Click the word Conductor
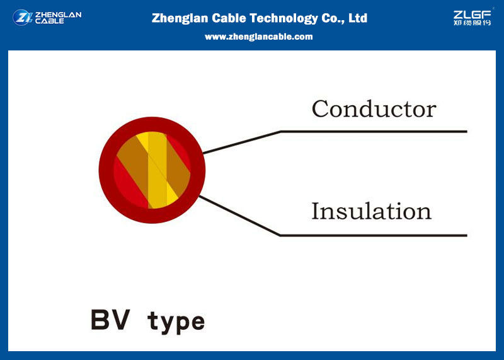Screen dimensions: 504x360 click(374, 108)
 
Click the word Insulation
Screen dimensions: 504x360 click(371, 211)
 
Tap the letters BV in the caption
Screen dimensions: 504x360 click(111, 320)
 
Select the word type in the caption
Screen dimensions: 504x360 click(176, 322)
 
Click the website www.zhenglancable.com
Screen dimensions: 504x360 click(259, 37)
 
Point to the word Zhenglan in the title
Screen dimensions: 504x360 click(180, 18)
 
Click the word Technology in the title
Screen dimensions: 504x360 click(284, 18)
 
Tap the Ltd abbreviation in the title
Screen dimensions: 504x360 click(358, 18)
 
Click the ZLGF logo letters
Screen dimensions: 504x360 click(472, 15)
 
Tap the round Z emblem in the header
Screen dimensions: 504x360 click(22, 18)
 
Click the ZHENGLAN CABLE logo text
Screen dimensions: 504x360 click(58, 18)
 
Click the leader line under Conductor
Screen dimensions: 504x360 click(335, 132)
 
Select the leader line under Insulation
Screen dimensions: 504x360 click(333, 235)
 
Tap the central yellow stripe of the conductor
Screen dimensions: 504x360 click(157, 170)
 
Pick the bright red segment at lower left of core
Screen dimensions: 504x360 click(129, 183)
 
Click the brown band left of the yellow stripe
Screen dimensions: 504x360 click(134, 161)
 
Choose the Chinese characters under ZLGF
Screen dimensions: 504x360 click(472, 23)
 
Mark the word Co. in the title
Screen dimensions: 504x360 click(334, 18)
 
